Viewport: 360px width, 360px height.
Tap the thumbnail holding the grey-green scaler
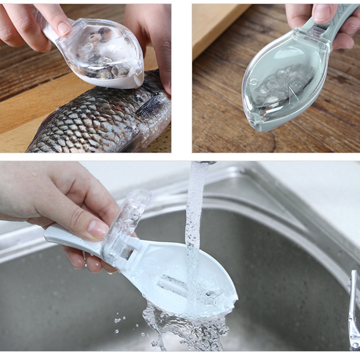click(x=321, y=13)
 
